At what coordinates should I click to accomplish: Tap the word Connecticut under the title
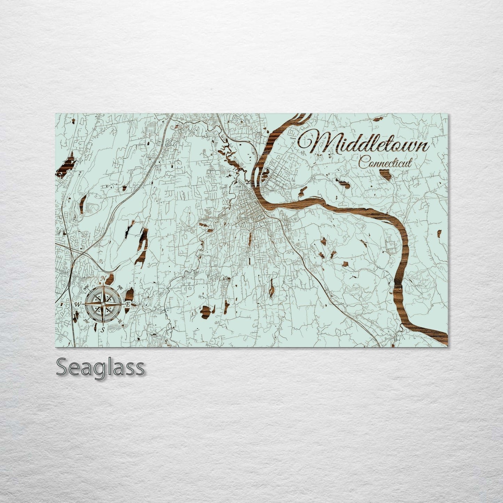[385, 163]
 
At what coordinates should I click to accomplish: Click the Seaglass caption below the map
[100, 367]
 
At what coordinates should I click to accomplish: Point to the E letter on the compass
[128, 304]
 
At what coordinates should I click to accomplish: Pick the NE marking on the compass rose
[120, 288]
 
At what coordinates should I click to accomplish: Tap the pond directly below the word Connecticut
[385, 174]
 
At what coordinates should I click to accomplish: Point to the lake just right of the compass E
[130, 294]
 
